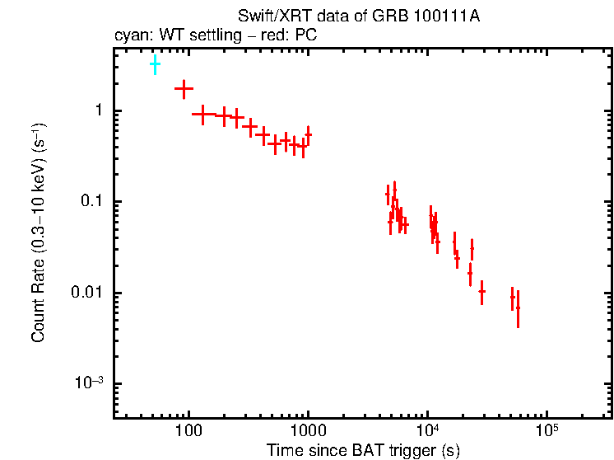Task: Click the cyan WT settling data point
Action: point(155,63)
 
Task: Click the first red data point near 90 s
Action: point(184,87)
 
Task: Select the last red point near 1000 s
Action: point(309,134)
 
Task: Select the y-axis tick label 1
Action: point(96,111)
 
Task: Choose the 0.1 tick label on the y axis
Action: point(91,202)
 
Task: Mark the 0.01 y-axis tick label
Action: point(87,293)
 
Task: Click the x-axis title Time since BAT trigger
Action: point(363,450)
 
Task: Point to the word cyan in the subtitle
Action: point(128,35)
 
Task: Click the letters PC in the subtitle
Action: point(306,35)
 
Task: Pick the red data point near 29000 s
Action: point(482,291)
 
